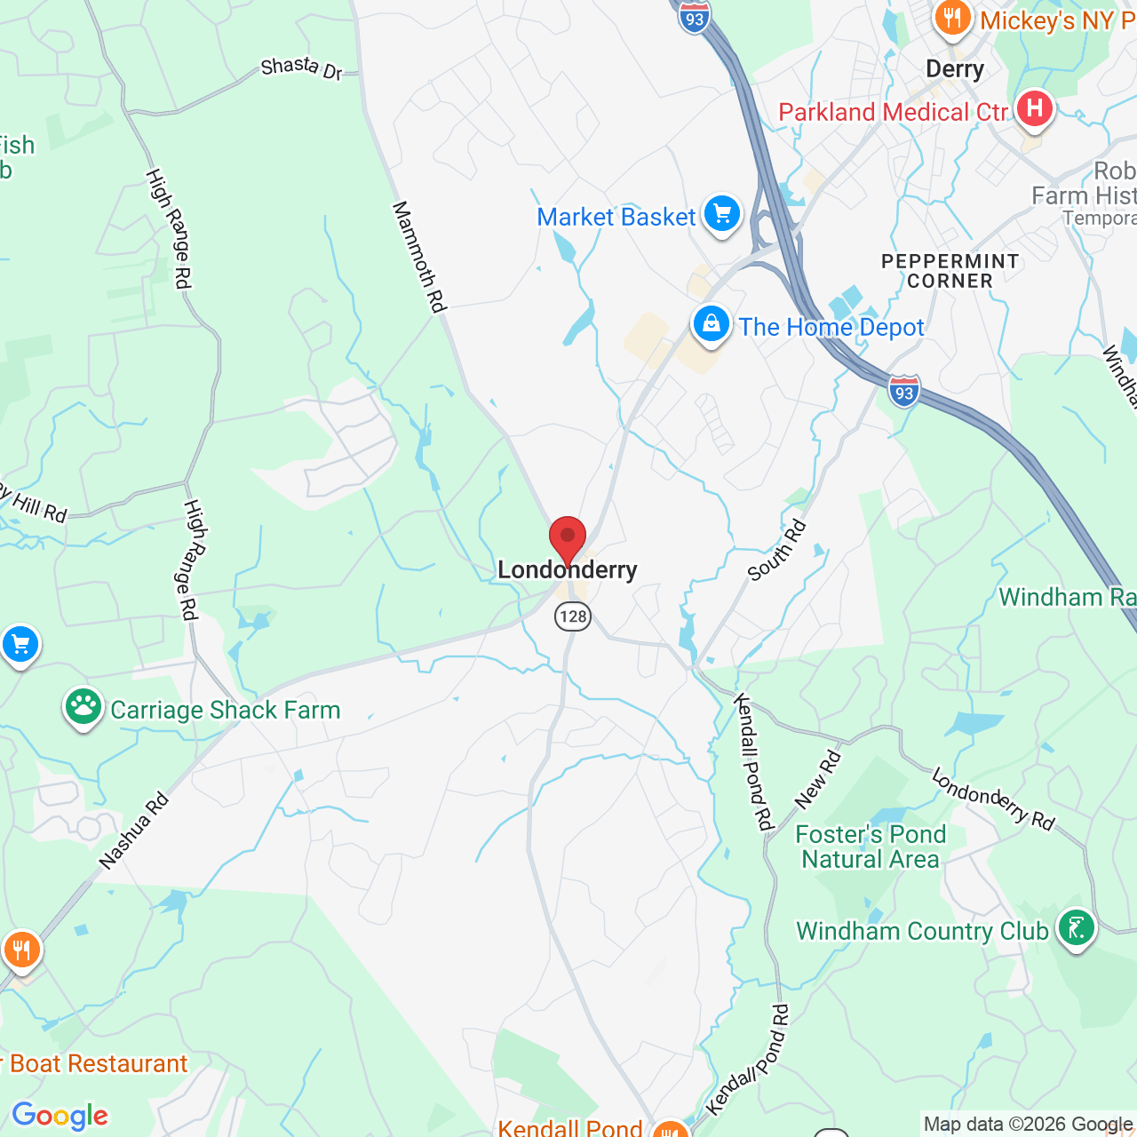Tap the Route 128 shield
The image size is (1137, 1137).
click(573, 616)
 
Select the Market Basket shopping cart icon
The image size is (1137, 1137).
click(722, 214)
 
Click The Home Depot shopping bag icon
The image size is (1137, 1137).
click(712, 324)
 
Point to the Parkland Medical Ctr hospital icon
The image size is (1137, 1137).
click(1034, 109)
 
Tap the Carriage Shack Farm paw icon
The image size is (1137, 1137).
click(83, 708)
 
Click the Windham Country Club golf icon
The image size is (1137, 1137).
click(1077, 928)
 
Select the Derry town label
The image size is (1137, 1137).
click(954, 69)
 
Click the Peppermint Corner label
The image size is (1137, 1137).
click(950, 271)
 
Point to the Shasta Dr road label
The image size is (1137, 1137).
click(302, 68)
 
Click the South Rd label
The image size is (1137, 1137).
click(776, 551)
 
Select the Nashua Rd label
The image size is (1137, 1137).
click(134, 831)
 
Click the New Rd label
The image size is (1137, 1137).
click(817, 780)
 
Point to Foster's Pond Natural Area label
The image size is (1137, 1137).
click(871, 847)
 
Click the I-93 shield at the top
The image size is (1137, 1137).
click(695, 18)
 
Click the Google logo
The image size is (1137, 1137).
click(60, 1116)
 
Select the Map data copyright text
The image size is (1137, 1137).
click(1028, 1125)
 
